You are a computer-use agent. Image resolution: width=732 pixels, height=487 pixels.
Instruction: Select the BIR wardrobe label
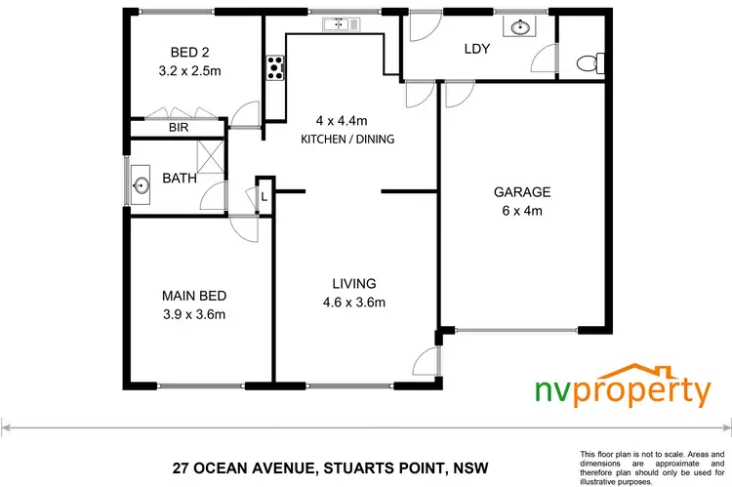[178, 127]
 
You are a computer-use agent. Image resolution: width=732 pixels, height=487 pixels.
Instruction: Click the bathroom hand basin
[139, 182]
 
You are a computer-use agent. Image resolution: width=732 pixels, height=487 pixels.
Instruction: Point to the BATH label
[179, 179]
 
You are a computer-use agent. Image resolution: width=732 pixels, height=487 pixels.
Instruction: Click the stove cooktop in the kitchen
[275, 67]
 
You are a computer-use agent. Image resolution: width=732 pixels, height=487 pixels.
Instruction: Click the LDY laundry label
[476, 48]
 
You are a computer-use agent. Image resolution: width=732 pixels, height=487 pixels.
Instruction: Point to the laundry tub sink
[515, 26]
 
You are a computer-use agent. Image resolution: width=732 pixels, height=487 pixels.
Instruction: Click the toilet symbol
[587, 62]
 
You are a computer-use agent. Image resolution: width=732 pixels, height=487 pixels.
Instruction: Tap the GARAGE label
[522, 192]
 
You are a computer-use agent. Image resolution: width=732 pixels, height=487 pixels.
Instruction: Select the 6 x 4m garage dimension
[522, 211]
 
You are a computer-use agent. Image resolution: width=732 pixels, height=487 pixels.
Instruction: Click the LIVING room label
[353, 283]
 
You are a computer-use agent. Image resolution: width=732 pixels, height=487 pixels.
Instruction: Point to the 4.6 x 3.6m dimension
[353, 302]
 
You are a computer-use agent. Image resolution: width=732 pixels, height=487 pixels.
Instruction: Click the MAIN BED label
[193, 295]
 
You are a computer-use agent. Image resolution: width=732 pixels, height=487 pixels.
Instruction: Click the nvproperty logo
[623, 388]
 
